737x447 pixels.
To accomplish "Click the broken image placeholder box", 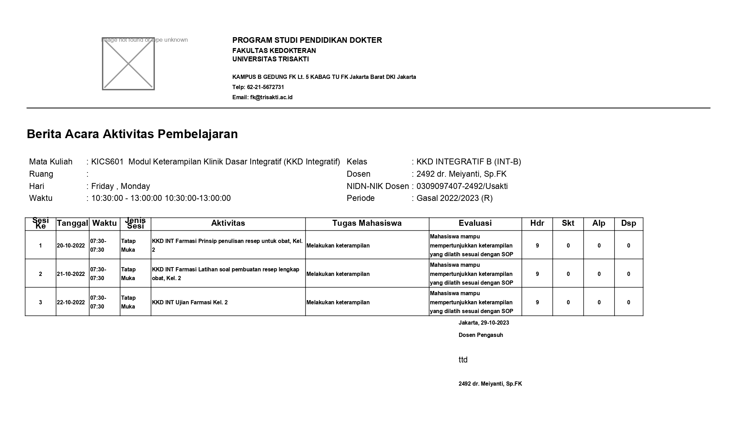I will tap(128, 64).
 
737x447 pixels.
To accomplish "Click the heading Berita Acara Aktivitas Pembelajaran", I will tap(132, 134).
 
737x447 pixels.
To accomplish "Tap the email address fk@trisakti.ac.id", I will tap(271, 97).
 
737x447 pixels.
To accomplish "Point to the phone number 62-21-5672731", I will tap(265, 87).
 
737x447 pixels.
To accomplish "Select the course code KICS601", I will tap(107, 162).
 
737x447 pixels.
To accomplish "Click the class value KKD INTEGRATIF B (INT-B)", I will tap(469, 162).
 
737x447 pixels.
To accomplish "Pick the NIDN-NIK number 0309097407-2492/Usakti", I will tap(462, 186).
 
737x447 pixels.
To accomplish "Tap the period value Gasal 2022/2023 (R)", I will tap(454, 198).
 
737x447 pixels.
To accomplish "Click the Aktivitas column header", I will tap(228, 223).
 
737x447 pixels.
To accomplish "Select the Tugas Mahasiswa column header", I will tap(367, 223).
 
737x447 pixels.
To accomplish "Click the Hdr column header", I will tap(537, 223).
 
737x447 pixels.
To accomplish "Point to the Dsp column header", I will tap(628, 223).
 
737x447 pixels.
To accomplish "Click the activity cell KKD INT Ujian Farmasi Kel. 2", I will tap(190, 302).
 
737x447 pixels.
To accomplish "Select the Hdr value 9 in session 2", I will tap(537, 274).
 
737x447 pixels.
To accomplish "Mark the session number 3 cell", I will tap(40, 302).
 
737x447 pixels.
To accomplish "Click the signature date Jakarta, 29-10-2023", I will tap(484, 323).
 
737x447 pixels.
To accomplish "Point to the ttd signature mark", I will tap(463, 360).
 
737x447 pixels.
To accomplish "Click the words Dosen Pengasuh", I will tap(480, 335).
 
